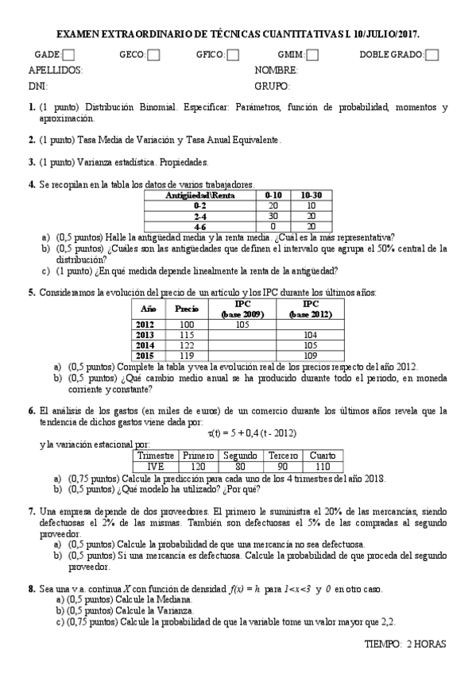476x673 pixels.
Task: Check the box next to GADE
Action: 69,55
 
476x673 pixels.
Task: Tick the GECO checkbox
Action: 153,55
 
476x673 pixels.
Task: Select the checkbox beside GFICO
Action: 233,55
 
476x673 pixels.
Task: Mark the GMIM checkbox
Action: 313,55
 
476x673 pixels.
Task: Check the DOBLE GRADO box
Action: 432,55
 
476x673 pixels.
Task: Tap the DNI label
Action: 37,85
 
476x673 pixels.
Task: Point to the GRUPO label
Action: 272,85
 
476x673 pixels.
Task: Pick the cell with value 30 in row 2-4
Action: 274,215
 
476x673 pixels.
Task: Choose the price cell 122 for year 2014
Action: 186,344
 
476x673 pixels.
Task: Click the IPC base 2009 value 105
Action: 243,324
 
